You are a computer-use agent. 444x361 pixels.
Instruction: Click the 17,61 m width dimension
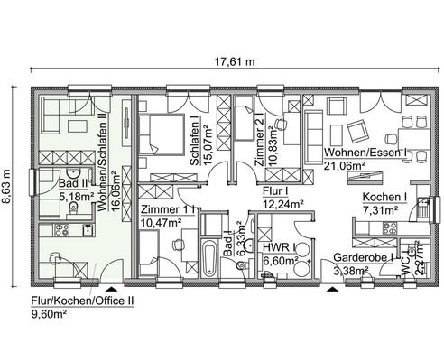(x=230, y=62)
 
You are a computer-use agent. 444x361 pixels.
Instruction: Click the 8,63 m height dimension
(x=11, y=177)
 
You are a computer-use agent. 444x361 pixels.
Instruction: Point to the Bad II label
(x=72, y=180)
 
